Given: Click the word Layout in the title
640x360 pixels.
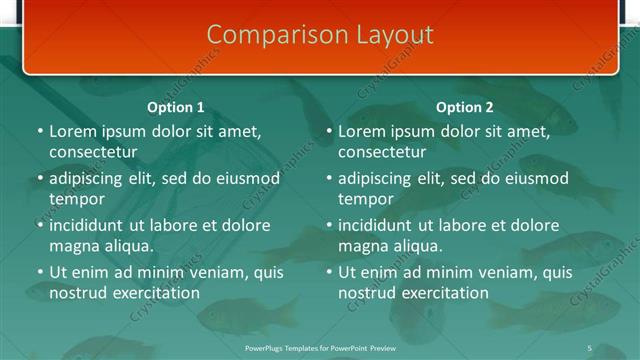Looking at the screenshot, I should [396, 34].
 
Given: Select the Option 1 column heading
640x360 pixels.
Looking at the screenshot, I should [176, 107].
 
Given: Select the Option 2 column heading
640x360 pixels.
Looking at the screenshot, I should [465, 107].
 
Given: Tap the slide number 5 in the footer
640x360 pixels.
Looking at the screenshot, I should [589, 347].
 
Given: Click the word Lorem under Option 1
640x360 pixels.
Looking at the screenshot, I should [72, 131].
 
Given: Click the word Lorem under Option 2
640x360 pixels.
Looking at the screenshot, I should [361, 131].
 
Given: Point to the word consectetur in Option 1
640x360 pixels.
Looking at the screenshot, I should [93, 153].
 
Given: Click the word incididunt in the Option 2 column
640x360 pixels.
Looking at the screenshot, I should [377, 225].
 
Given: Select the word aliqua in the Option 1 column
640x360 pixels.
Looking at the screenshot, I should [126, 246].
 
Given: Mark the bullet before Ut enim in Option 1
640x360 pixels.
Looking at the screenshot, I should [40, 272].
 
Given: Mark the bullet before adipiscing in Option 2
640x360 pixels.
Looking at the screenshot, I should [329, 178].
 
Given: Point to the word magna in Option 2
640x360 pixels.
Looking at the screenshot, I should [362, 246].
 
